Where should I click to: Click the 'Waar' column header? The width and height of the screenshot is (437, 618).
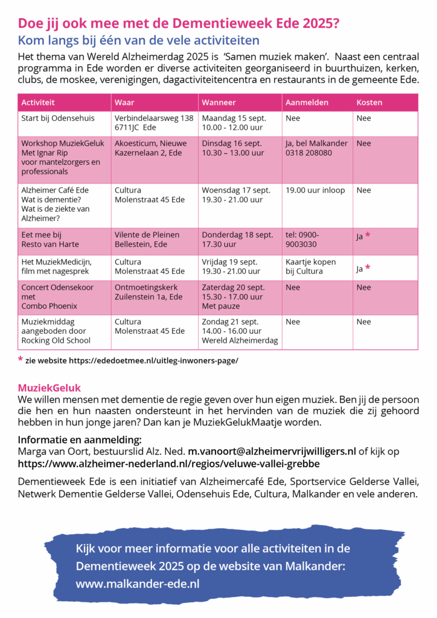[x=124, y=102]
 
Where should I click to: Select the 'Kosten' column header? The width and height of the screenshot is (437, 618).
[x=369, y=102]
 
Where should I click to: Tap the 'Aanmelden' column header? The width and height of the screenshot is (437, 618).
[x=307, y=102]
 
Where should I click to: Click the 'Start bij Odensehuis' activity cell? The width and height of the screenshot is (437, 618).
[x=57, y=118]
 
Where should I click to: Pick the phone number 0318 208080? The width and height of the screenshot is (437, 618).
[x=308, y=153]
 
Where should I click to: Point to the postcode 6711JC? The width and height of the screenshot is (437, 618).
[x=129, y=128]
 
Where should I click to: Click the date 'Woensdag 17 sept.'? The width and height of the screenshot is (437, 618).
[x=236, y=191]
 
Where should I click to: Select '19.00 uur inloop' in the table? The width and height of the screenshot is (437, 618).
[x=315, y=191]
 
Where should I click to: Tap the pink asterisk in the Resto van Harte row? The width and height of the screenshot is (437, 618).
[x=367, y=235]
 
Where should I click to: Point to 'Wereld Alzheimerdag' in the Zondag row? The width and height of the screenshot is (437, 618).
[x=240, y=340]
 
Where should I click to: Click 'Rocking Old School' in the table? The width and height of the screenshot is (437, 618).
[x=56, y=340]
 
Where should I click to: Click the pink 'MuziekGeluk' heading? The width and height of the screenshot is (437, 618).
[x=49, y=388]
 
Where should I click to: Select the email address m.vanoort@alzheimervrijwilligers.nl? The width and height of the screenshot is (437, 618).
[x=272, y=451]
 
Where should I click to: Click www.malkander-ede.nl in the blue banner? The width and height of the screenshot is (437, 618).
[x=138, y=584]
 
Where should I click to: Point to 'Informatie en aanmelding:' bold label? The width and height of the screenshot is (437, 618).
[x=80, y=439]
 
